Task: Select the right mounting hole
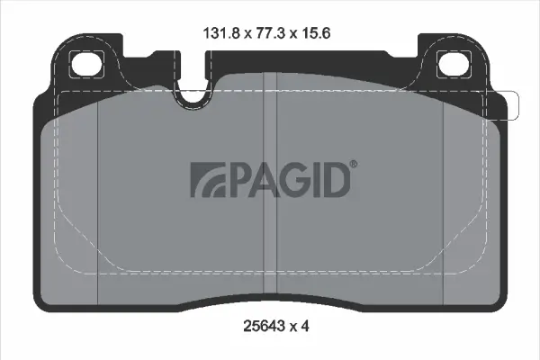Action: pyautogui.click(x=449, y=64)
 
